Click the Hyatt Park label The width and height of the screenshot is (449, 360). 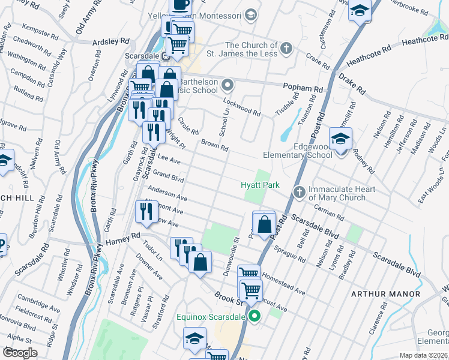pos(260,185)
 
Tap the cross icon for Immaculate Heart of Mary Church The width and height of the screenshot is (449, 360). pos(299,192)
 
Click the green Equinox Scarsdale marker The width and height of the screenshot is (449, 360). pos(255,316)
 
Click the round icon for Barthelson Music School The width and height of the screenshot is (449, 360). pos(228,84)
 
